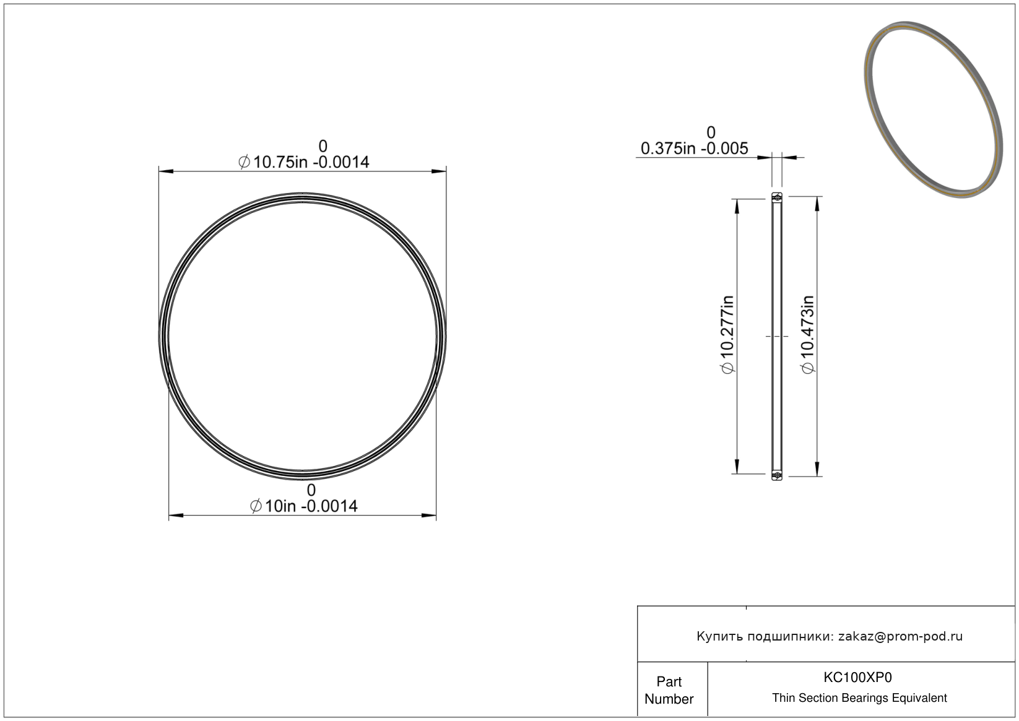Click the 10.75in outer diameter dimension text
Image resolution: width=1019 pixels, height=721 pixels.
pos(303,162)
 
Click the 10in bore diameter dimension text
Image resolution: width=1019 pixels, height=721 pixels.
pos(303,506)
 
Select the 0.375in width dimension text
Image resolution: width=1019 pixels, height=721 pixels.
pos(694,149)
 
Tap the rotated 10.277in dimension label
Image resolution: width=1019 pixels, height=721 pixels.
pos(727,334)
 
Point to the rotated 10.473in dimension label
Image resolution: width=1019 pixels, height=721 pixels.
pos(807,334)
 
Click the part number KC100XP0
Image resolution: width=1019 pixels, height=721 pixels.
pos(857,677)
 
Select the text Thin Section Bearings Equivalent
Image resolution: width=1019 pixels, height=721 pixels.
pos(859,697)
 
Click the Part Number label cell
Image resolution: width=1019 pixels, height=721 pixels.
pos(669,689)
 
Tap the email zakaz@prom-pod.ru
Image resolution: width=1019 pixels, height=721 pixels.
pos(900,636)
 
